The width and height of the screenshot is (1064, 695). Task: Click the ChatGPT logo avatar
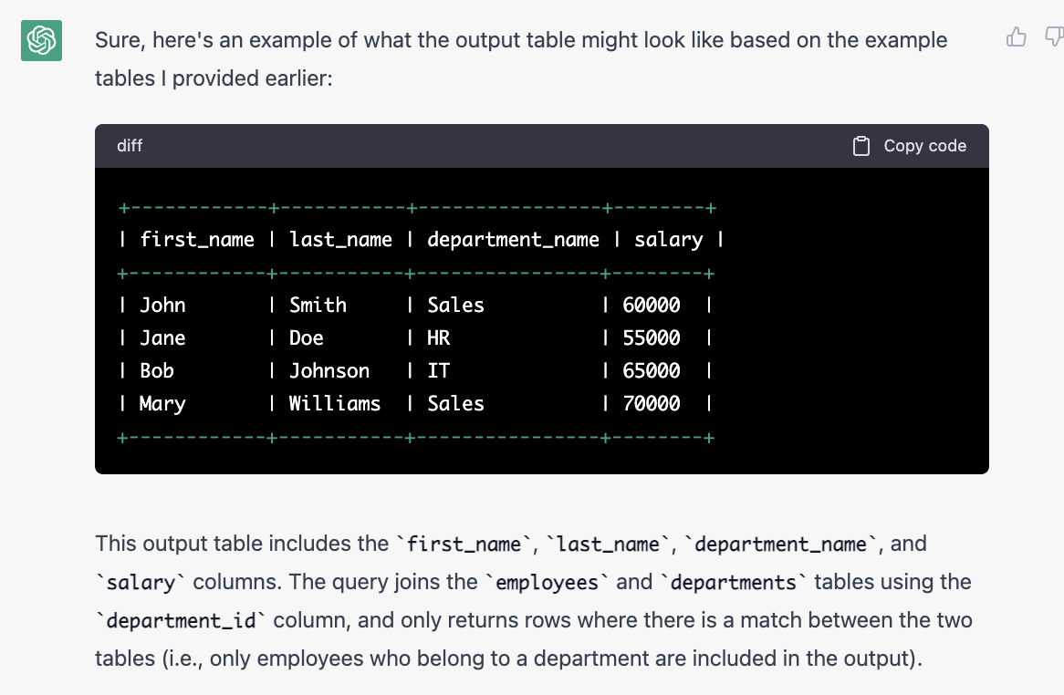(x=41, y=40)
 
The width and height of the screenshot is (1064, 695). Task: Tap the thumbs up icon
(x=1016, y=37)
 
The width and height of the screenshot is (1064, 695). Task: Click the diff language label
(x=130, y=146)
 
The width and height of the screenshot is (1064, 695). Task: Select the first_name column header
(x=197, y=240)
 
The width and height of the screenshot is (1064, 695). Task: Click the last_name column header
(x=340, y=240)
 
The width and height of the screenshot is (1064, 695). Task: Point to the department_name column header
(x=513, y=240)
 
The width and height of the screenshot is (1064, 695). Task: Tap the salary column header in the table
(x=668, y=240)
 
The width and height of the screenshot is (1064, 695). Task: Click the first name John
(x=162, y=306)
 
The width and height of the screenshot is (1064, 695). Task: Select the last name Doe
(x=307, y=338)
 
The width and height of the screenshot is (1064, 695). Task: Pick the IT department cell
(x=438, y=371)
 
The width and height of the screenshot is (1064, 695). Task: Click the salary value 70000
(x=651, y=404)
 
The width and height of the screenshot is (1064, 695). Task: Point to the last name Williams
(x=335, y=404)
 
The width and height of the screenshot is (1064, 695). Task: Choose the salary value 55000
(x=651, y=338)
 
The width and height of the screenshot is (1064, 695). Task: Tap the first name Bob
(x=157, y=371)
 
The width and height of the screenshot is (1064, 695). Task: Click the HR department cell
(x=438, y=338)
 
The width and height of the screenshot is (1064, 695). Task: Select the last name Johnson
(x=329, y=371)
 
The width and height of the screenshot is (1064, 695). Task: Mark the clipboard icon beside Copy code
(x=861, y=146)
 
